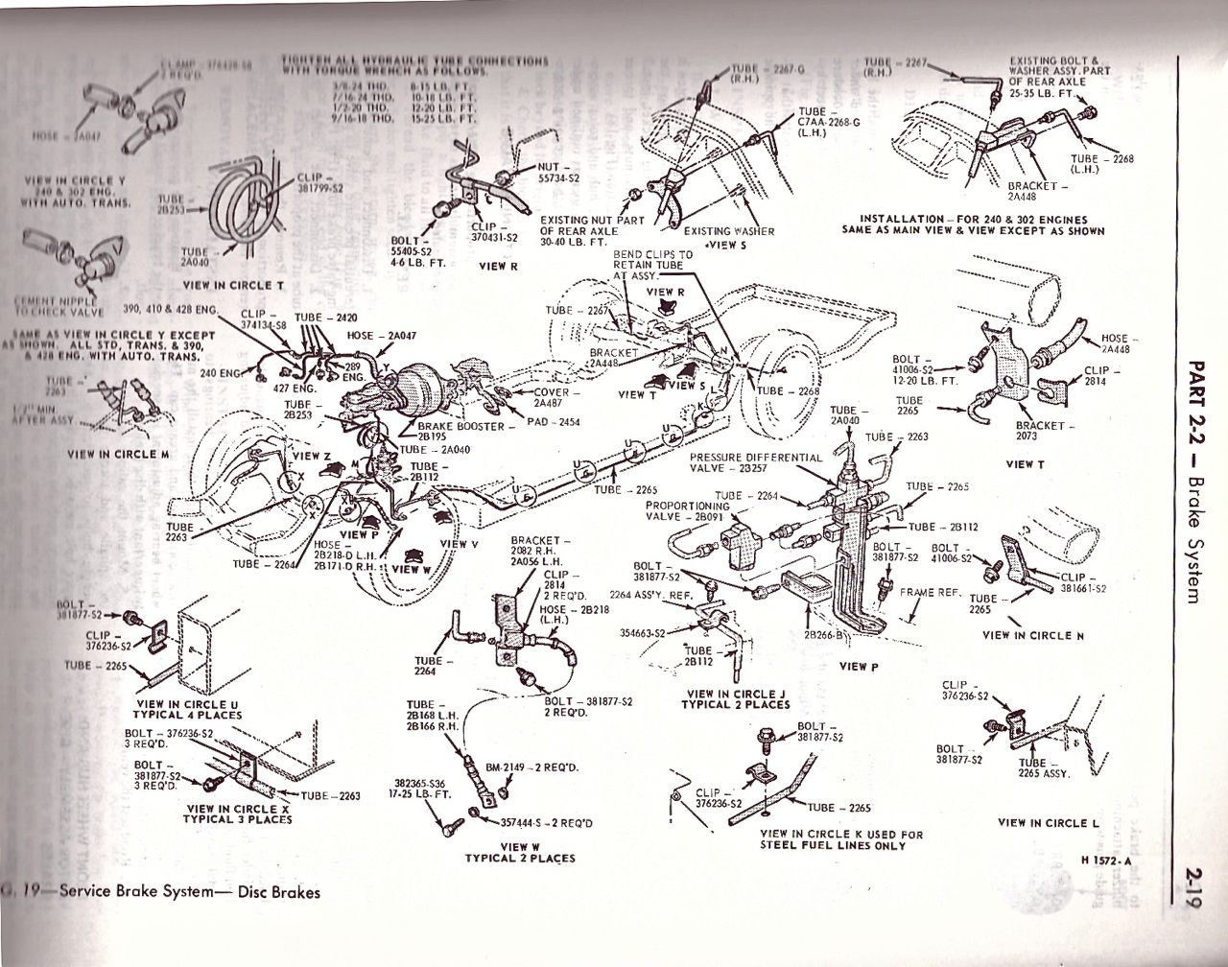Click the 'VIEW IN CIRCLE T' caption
pyautogui.click(x=233, y=285)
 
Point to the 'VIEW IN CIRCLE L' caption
pyautogui.click(x=1048, y=822)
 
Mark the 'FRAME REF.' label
pyautogui.click(x=931, y=593)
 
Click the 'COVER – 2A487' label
pyautogui.click(x=554, y=397)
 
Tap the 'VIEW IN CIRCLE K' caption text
pyautogui.click(x=840, y=839)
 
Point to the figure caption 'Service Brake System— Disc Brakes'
pyautogui.click(x=189, y=892)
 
